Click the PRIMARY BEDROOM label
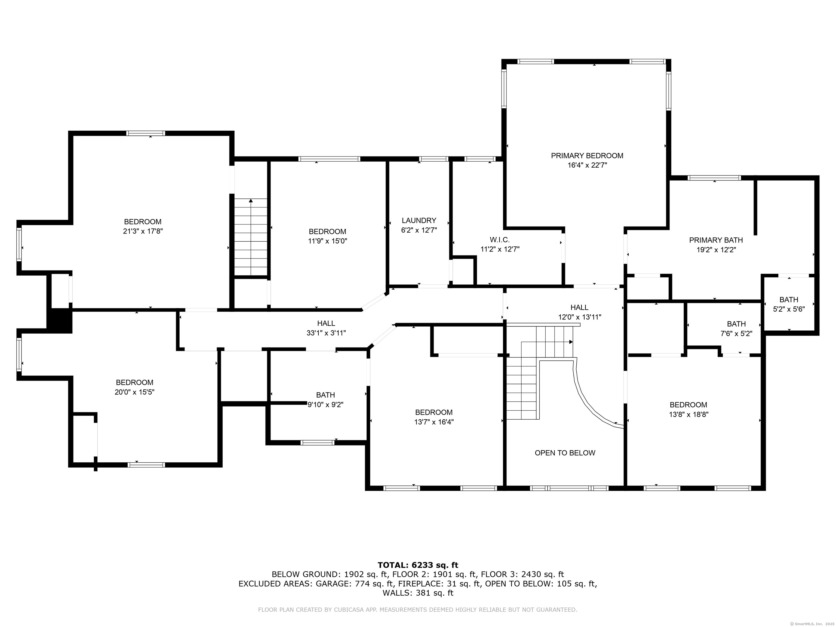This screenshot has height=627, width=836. click(587, 155)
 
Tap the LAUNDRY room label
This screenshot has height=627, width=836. click(419, 220)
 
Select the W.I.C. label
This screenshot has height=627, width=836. click(500, 239)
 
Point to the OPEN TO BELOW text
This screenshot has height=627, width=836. click(565, 453)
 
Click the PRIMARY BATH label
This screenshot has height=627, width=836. click(716, 240)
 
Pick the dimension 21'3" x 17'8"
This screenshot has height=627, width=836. click(143, 231)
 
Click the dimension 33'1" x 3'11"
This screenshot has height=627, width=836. click(326, 333)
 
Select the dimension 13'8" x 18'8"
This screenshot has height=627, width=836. click(689, 414)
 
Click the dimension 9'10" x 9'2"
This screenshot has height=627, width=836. click(325, 405)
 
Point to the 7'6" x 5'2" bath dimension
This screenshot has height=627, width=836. click(736, 334)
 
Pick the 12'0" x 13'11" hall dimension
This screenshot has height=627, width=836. click(579, 317)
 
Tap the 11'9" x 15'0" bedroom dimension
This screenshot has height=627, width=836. click(327, 241)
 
